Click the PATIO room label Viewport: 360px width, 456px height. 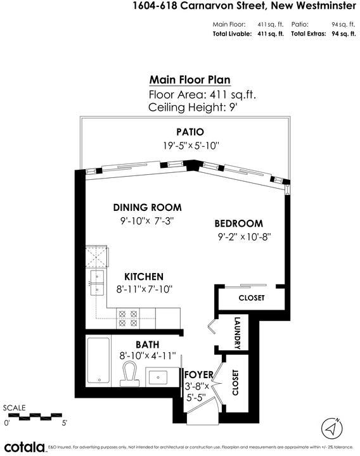pos(190,132)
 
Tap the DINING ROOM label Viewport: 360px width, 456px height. pos(147,208)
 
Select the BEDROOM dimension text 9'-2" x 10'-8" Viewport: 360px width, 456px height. pos(245,237)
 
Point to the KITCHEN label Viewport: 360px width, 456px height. pos(144,277)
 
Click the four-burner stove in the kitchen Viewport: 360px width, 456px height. pos(128,319)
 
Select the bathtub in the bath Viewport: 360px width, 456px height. pos(98,360)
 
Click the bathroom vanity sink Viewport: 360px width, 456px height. pos(158,377)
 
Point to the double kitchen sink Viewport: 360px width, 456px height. pos(97,282)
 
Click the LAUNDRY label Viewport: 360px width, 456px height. pos(237,333)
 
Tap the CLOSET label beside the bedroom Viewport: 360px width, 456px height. pos(252,298)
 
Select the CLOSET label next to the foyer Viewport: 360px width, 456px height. pos(235,383)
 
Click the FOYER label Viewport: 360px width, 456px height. pos(199,374)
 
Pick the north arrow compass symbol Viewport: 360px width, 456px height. pos(331,428)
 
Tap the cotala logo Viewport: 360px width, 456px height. pos(25,447)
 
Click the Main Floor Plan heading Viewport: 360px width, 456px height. pos(190,80)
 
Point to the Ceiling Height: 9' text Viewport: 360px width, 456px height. pos(193,107)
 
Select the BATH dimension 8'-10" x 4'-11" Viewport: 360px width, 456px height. pos(148,355)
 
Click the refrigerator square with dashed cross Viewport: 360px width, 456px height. pos(96,256)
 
